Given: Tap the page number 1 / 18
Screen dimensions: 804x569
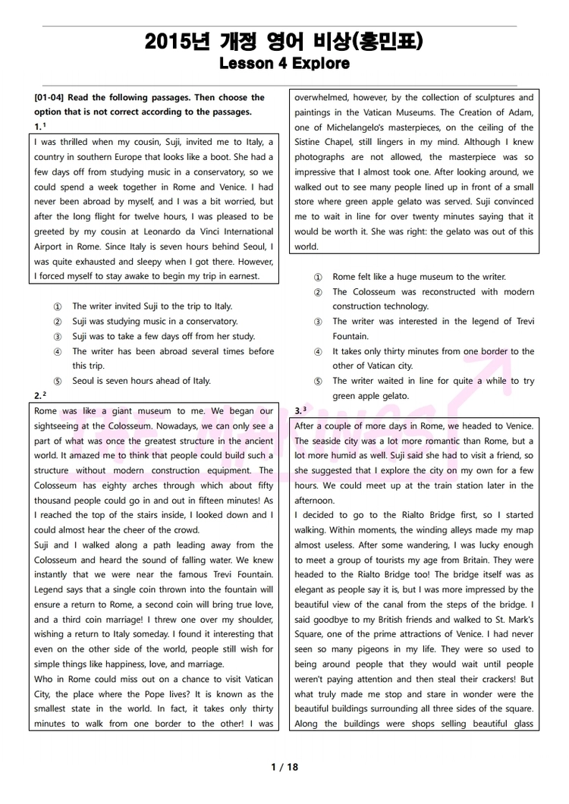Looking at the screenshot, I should (284, 767).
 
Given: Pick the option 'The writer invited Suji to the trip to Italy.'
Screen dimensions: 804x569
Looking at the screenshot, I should (152, 306).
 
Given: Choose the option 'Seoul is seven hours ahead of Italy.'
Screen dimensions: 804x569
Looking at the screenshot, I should (141, 381).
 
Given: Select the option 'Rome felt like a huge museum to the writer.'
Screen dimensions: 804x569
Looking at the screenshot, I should (419, 277).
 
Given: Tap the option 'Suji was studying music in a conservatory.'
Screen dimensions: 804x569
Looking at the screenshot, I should (154, 322).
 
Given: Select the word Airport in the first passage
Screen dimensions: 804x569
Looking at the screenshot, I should (50, 247).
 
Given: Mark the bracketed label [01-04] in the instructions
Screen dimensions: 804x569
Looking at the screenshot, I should (50, 98).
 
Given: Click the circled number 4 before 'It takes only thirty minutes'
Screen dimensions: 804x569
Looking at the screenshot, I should (318, 352).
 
